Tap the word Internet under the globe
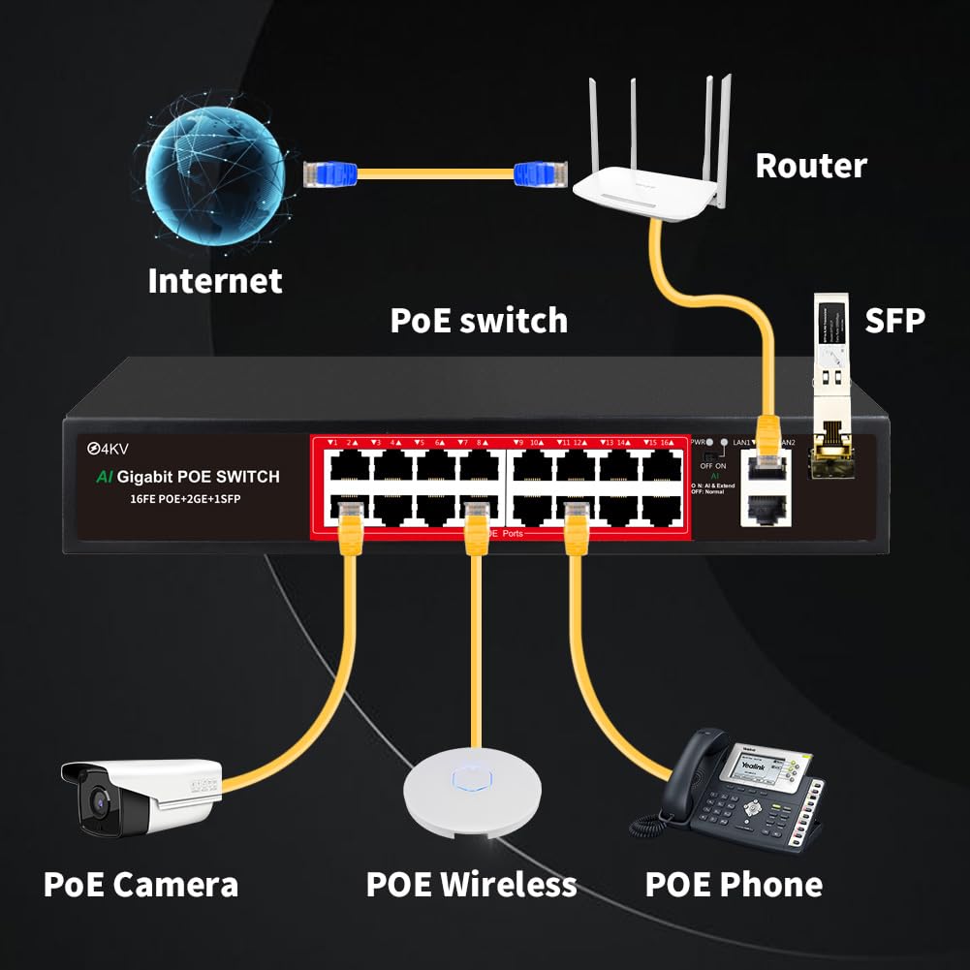215,281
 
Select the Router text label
810,166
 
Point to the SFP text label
892,320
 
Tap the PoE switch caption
479,321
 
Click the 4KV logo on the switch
110,449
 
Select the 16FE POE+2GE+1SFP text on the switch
173,498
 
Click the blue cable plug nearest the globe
329,174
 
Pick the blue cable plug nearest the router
535,174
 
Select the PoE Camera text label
141,884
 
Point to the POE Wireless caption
471,884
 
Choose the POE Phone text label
734,884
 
